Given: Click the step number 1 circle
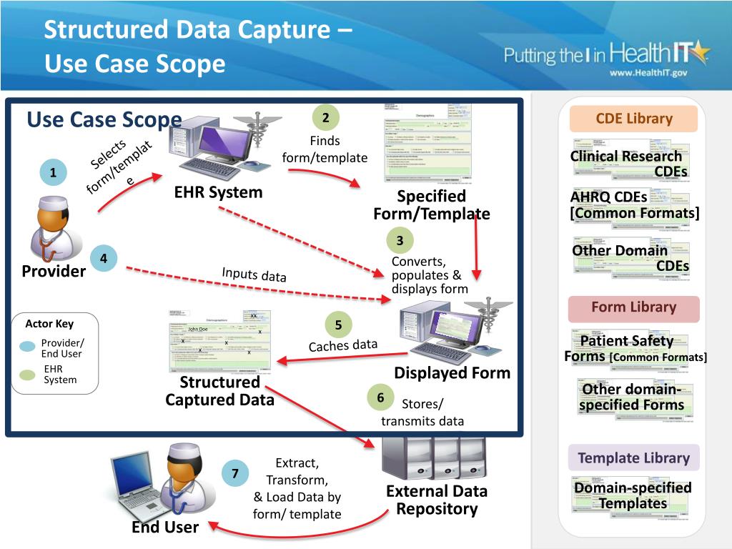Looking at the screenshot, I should (53, 173).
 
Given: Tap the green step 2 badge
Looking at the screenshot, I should (325, 117).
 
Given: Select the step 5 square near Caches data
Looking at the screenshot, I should (339, 325).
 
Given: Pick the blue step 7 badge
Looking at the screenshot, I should (235, 474).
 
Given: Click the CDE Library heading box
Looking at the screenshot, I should (634, 119).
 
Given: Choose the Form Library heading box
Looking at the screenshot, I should (633, 307).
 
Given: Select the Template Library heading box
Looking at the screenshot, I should (633, 458).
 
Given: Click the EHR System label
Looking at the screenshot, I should (218, 192).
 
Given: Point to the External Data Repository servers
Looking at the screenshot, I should (434, 456).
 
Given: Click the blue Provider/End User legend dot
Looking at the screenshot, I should (27, 347).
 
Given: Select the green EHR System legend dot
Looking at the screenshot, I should (27, 374).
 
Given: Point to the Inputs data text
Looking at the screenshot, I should (254, 274).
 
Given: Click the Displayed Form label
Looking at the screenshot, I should (452, 372).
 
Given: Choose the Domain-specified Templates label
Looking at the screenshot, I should (633, 495).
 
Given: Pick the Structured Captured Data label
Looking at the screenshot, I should (219, 391).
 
